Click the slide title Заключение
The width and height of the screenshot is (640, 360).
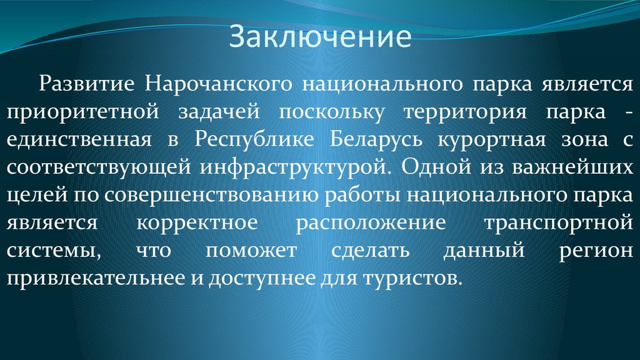[320, 36]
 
